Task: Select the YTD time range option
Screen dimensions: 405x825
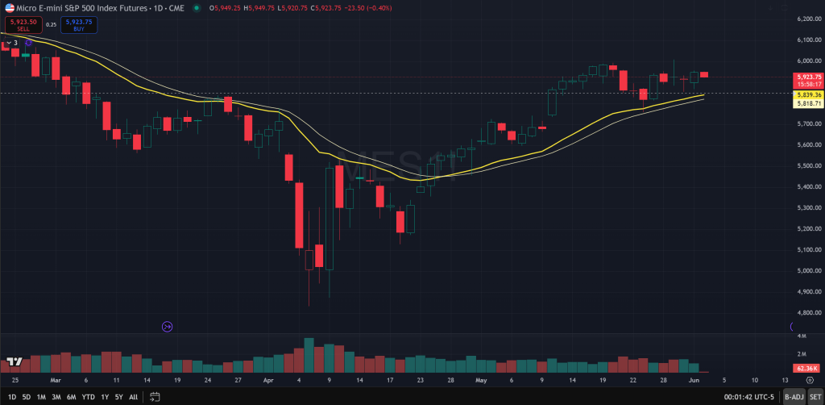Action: pyautogui.click(x=89, y=397)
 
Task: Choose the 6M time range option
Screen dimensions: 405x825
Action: pyautogui.click(x=72, y=397)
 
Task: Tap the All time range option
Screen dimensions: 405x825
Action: pyautogui.click(x=133, y=397)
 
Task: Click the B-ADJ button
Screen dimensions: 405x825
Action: pyautogui.click(x=793, y=397)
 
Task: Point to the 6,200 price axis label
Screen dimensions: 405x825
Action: pyautogui.click(x=807, y=19)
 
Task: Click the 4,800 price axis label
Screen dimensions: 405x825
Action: pyautogui.click(x=807, y=312)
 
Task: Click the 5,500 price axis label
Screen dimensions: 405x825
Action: pyautogui.click(x=807, y=165)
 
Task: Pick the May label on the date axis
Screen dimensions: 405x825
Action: pyautogui.click(x=481, y=378)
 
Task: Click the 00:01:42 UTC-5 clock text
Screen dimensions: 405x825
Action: pyautogui.click(x=749, y=397)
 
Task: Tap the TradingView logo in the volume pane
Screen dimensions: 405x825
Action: pyautogui.click(x=14, y=362)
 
